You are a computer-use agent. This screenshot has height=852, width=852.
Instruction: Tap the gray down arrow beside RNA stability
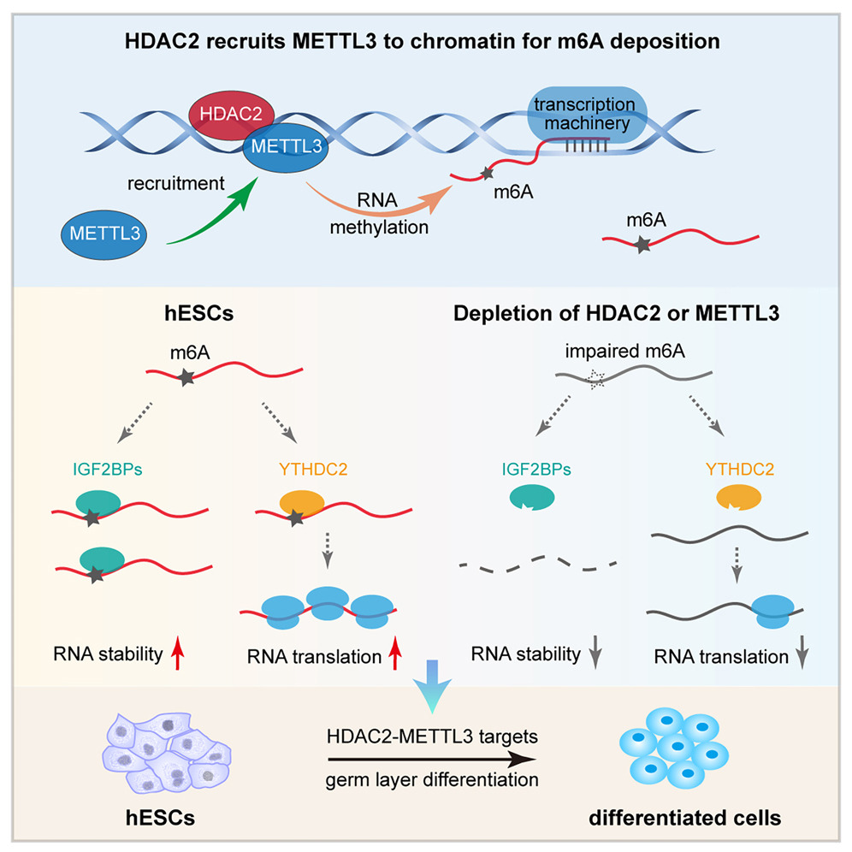pyautogui.click(x=598, y=655)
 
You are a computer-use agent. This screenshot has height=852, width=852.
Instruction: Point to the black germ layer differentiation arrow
pyautogui.click(x=431, y=757)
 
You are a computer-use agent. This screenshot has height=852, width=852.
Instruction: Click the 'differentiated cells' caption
pyautogui.click(x=685, y=818)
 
